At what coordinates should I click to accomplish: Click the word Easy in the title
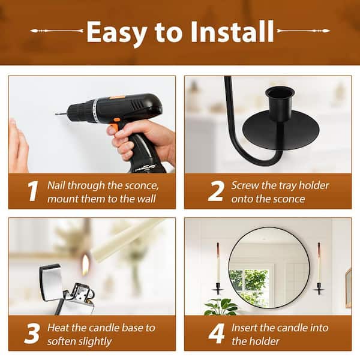tap(117, 33)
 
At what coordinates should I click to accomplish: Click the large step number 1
tap(32, 191)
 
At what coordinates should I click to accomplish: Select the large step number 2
tap(215, 191)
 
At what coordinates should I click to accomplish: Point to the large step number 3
tap(32, 334)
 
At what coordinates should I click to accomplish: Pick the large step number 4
tap(216, 334)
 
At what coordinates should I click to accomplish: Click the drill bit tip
tap(56, 113)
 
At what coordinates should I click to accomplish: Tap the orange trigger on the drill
tap(114, 127)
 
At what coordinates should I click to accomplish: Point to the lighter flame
tap(85, 264)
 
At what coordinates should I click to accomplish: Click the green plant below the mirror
tap(220, 307)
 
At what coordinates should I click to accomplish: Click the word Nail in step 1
tap(56, 185)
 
